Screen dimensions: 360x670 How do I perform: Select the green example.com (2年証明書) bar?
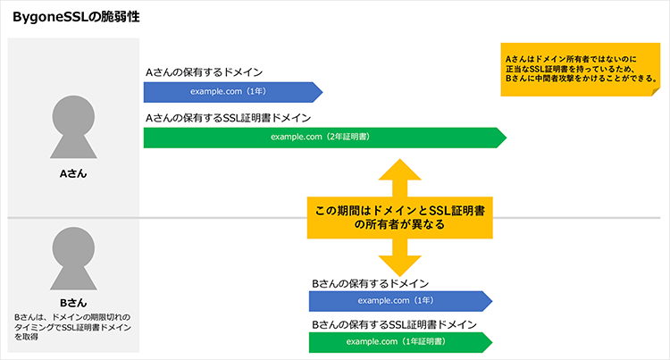pos(322,138)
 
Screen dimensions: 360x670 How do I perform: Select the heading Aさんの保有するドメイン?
pos(205,73)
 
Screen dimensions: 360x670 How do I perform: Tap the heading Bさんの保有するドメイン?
pos(371,283)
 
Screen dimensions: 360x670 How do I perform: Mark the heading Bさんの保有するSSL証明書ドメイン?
pos(394,324)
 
